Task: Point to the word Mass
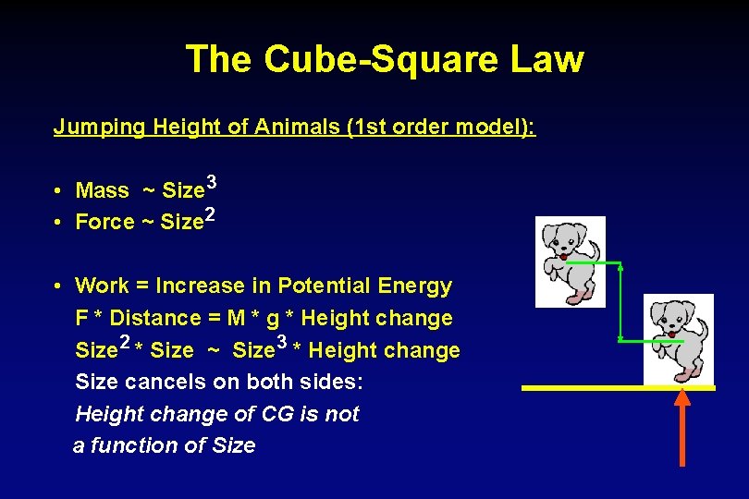[102, 191]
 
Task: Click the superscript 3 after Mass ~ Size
[212, 183]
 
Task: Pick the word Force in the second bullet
[104, 223]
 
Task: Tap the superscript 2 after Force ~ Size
[210, 215]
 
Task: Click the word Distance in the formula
[162, 319]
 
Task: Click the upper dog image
[571, 262]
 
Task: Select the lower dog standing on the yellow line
[679, 338]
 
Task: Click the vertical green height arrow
[620, 302]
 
